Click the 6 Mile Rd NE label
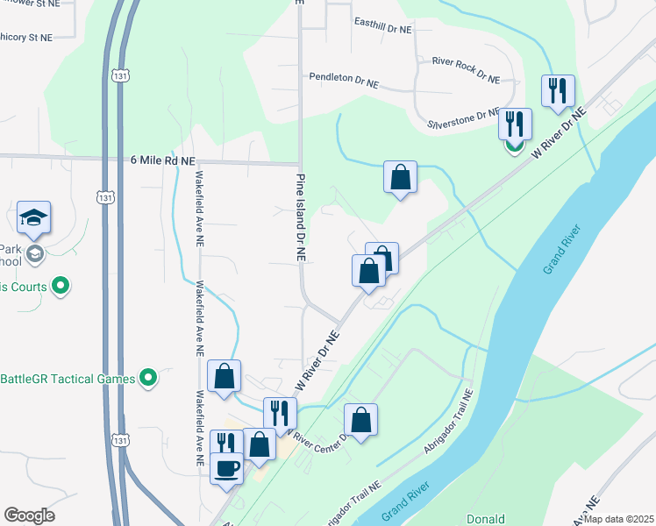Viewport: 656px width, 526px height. tap(162, 160)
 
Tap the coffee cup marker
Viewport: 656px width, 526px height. tap(226, 469)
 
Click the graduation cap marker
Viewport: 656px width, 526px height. tap(33, 217)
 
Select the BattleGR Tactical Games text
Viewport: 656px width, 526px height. tap(67, 379)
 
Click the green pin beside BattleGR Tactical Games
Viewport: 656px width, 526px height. tap(148, 379)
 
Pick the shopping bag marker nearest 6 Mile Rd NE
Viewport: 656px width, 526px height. tap(400, 177)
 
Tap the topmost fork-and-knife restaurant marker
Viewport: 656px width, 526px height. tap(558, 90)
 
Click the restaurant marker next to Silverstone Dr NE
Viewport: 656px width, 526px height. tap(515, 124)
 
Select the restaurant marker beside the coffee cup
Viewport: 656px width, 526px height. tap(226, 444)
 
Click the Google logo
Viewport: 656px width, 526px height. tap(29, 515)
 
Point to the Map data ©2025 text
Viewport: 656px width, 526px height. tap(618, 519)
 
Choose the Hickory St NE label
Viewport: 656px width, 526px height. tap(26, 38)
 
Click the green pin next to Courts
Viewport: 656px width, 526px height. tap(61, 285)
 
